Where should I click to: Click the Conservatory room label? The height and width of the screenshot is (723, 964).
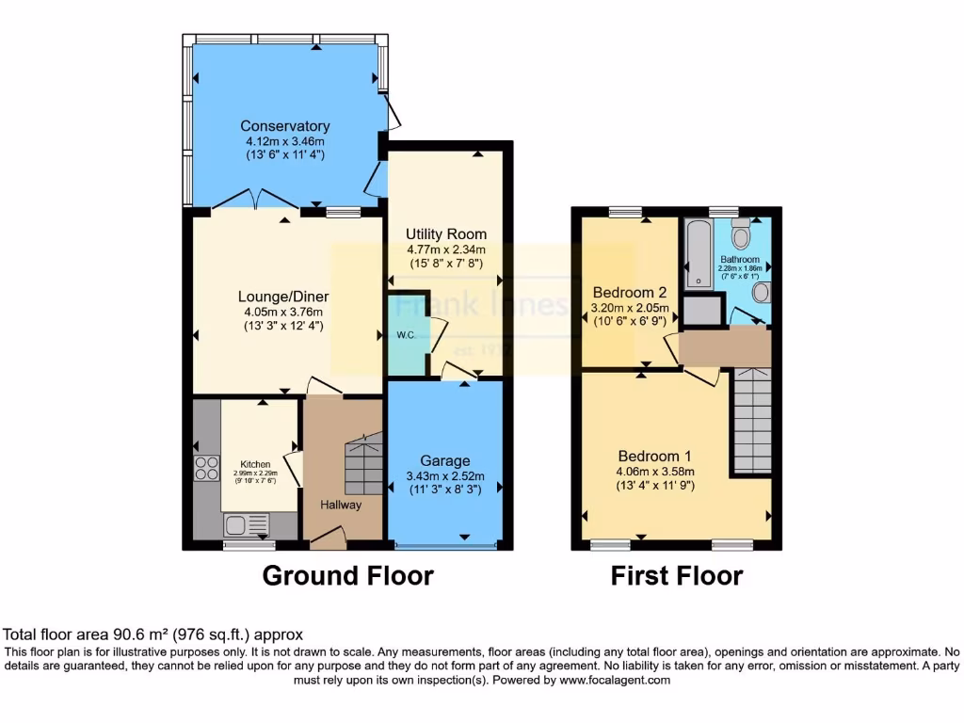284,126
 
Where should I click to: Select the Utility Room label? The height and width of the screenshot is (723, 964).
445,233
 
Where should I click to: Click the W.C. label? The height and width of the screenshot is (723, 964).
406,334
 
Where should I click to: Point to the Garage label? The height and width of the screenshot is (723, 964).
444,460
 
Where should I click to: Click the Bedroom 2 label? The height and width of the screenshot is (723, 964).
629,291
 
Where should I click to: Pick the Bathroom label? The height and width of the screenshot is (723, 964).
740,259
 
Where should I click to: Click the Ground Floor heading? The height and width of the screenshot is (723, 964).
347,575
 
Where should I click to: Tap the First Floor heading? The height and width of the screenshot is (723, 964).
677,575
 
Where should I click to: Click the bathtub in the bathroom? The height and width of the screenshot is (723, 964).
699,252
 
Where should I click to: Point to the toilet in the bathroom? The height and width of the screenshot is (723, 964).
741,232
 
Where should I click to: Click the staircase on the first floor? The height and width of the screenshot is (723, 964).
752,421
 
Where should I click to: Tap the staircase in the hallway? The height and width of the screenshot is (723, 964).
362,466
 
